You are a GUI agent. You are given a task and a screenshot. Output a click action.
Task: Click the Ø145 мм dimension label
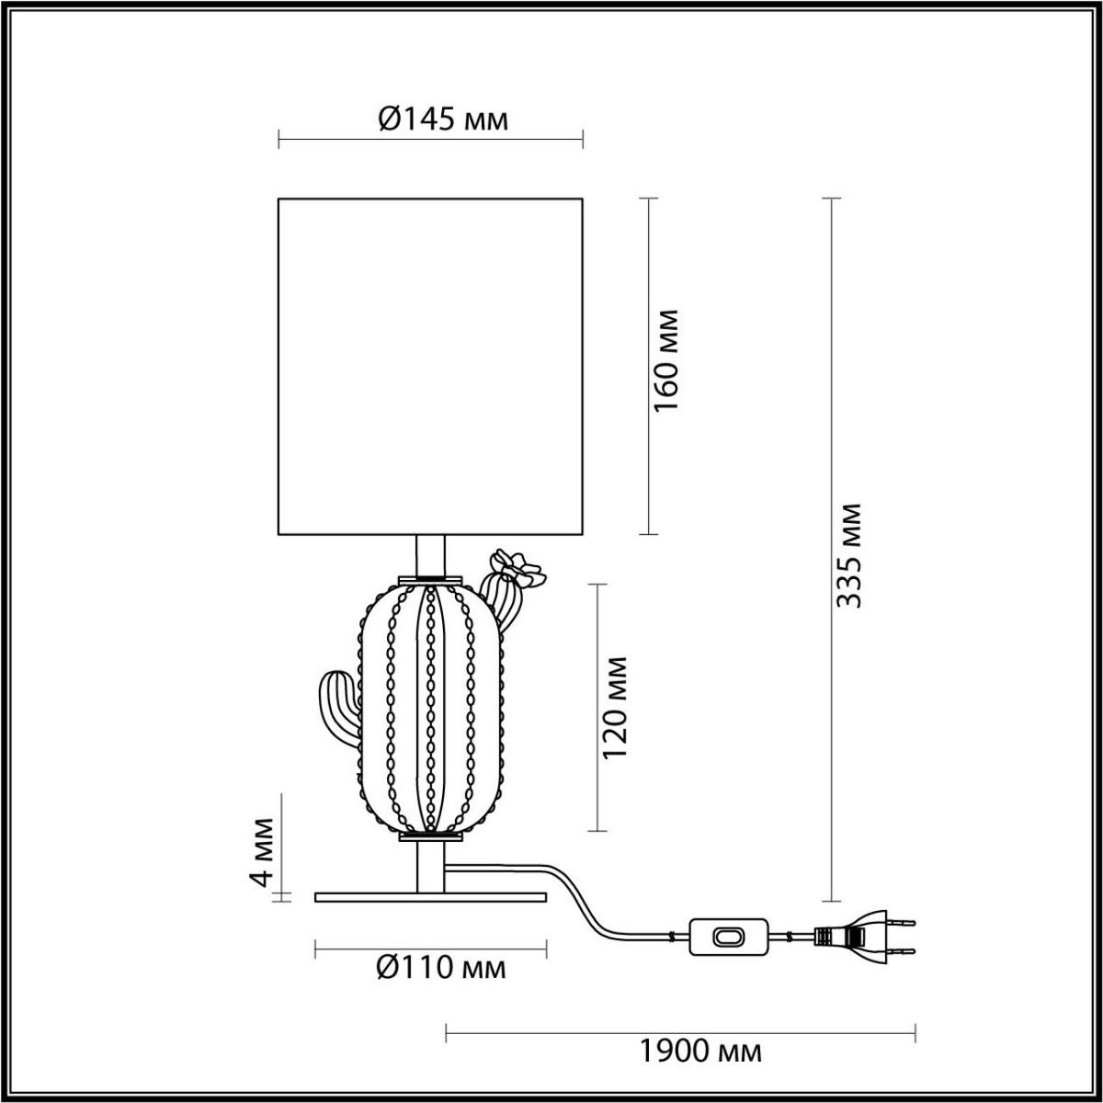coord(443,119)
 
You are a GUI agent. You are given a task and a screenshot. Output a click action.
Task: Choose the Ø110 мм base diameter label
coord(442,967)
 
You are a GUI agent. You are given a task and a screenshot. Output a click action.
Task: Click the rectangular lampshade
coord(430,366)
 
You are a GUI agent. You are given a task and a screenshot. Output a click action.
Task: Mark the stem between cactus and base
coord(430,864)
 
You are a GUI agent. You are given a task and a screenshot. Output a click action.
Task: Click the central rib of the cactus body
coord(430,708)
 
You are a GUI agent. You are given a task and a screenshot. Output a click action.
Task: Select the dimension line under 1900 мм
coord(680,1032)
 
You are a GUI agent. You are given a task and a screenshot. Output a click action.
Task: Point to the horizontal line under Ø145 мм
coord(430,141)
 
